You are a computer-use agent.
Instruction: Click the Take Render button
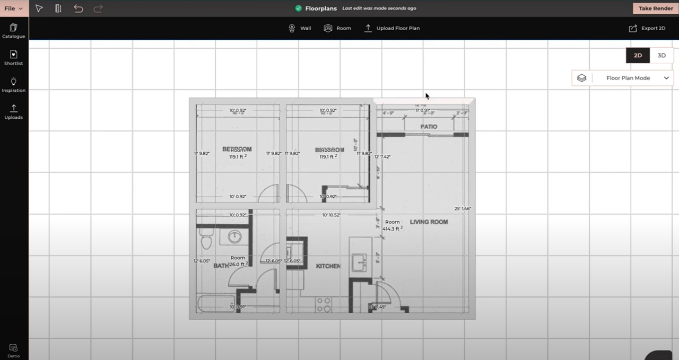click(656, 8)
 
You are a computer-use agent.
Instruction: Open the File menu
click(13, 8)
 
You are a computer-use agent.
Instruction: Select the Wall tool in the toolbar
click(300, 28)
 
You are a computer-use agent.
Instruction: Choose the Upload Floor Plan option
click(392, 28)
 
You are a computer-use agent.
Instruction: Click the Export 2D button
click(647, 28)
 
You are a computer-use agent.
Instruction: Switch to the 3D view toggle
click(661, 56)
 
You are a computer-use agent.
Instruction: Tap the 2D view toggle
click(638, 56)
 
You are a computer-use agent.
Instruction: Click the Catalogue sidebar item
click(14, 31)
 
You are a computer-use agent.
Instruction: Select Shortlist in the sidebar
click(14, 58)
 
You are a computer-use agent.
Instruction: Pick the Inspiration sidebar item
click(14, 85)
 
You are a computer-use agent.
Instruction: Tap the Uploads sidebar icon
click(14, 111)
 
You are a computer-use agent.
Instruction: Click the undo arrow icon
click(79, 8)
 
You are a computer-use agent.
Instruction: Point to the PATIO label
click(429, 127)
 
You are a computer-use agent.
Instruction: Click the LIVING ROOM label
click(429, 222)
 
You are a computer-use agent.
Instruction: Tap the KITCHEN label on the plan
click(328, 266)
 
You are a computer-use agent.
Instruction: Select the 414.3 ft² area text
click(392, 229)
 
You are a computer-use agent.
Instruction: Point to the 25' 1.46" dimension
click(463, 209)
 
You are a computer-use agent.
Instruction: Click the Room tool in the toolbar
click(337, 28)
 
